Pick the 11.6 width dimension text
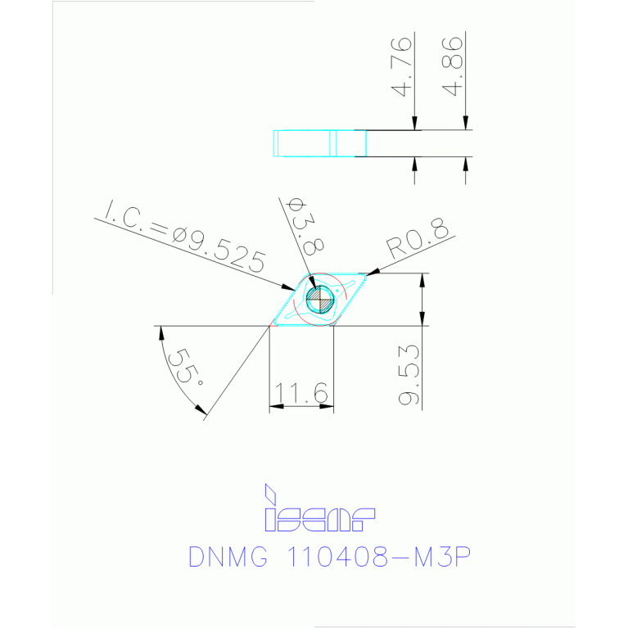(300, 395)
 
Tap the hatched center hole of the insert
(319, 300)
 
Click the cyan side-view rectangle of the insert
(319, 143)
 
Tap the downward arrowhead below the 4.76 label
(415, 124)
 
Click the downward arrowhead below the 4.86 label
(466, 124)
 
